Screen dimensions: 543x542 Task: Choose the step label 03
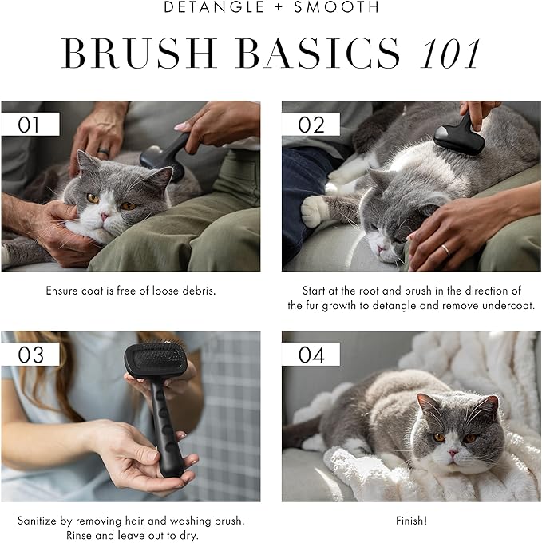(x=30, y=354)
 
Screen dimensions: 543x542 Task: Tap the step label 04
(x=311, y=354)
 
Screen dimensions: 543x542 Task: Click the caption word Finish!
(x=411, y=521)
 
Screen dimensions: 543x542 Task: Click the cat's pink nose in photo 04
(x=452, y=453)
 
